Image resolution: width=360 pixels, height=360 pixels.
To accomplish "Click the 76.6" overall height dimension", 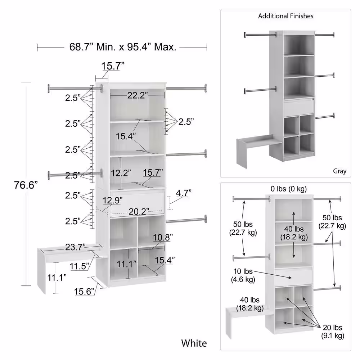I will (x=26, y=185).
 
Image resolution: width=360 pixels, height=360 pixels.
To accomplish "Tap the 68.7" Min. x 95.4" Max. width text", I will (x=123, y=47).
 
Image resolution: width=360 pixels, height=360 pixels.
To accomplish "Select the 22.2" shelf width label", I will (x=138, y=95).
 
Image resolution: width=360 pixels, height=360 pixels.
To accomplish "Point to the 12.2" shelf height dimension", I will (x=121, y=173).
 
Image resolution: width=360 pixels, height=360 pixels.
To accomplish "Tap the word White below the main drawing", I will (x=194, y=343).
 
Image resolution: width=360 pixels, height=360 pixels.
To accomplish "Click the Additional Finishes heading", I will (x=285, y=16).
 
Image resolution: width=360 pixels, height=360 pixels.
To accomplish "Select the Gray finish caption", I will (x=339, y=171).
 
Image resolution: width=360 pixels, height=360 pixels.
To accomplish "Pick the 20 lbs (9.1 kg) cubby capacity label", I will (x=332, y=332).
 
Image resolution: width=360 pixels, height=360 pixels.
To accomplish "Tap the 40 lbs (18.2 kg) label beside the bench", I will (x=250, y=304).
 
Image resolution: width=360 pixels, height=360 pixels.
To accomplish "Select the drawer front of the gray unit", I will (x=299, y=107).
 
